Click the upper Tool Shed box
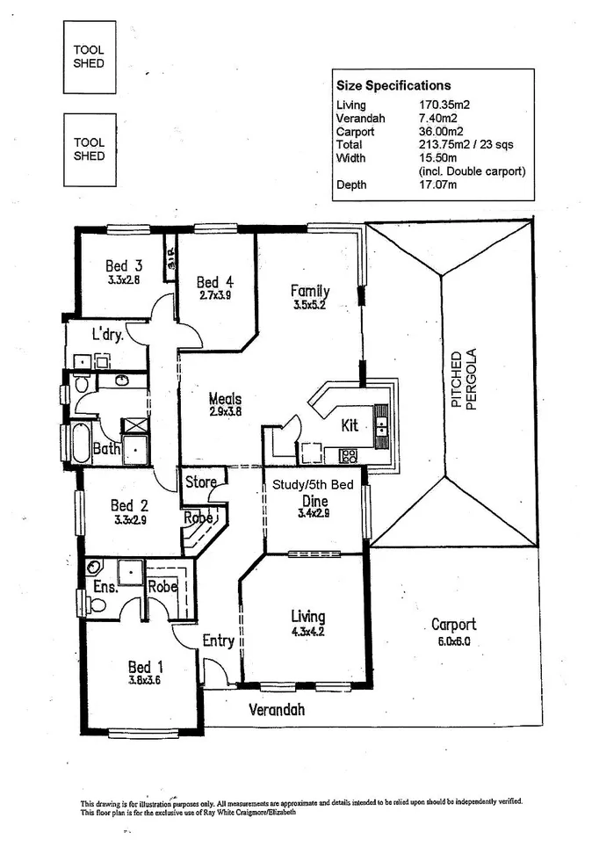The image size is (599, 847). click(x=90, y=57)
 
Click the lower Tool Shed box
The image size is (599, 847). click(x=90, y=148)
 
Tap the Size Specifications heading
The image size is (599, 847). click(x=393, y=85)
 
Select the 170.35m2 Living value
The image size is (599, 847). click(x=444, y=105)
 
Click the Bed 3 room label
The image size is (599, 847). click(x=124, y=265)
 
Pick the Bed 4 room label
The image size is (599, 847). click(x=214, y=282)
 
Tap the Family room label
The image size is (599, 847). click(x=311, y=291)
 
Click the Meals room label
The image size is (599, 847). click(x=225, y=399)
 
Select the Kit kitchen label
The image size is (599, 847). click(x=350, y=425)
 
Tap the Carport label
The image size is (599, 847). click(x=453, y=625)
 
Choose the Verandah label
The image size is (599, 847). click(x=276, y=708)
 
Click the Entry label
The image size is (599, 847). click(x=218, y=641)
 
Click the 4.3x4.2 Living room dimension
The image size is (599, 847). click(x=307, y=630)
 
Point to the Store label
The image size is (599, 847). click(x=200, y=482)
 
